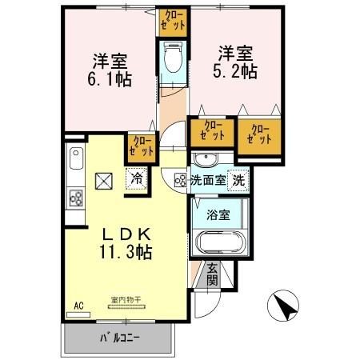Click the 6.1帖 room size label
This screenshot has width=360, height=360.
point(111,81)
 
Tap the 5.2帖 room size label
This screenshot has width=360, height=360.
point(236,72)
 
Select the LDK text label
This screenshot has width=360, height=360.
point(128,234)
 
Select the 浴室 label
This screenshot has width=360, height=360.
point(219,214)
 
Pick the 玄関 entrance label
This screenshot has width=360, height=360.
point(212,274)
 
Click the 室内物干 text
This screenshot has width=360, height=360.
point(126,301)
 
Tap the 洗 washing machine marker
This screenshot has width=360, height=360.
point(238,180)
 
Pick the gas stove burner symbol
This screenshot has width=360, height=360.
point(76,198)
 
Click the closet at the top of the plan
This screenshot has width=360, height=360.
point(174,19)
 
